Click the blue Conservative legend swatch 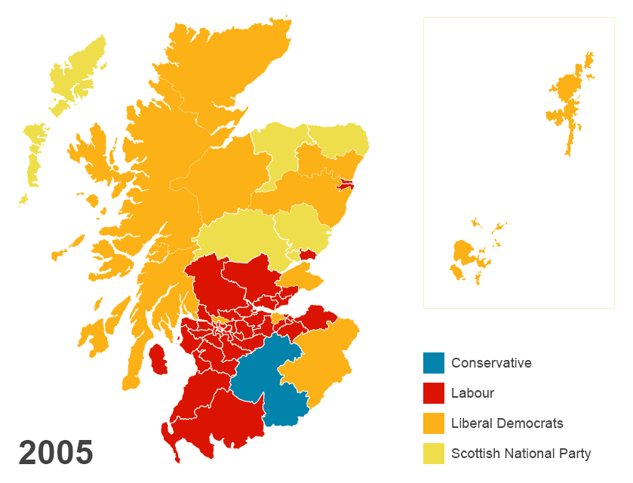(434, 363)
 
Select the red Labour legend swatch (434, 393)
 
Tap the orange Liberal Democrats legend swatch (434, 423)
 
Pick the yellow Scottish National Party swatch (434, 454)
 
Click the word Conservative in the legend (491, 363)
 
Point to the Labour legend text (472, 393)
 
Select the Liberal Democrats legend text (507, 423)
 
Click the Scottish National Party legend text (521, 454)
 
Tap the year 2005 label (56, 453)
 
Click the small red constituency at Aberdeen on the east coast (346, 183)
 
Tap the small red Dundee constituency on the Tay (307, 254)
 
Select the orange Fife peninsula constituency (302, 278)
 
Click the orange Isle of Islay (94, 336)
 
